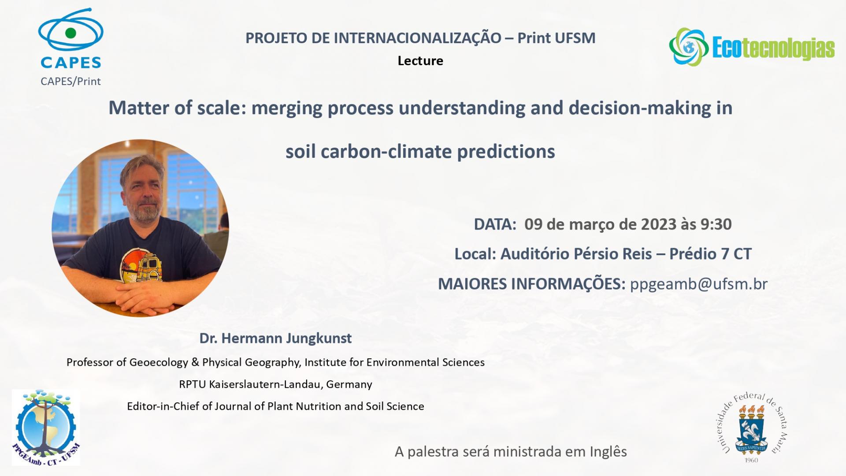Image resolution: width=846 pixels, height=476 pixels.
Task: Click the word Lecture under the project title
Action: tap(420, 61)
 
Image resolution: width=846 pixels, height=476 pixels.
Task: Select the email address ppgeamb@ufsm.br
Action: tap(699, 284)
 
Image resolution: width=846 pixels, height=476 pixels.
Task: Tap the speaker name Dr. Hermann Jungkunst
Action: tap(275, 338)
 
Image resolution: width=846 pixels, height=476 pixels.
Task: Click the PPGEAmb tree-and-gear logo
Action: tap(46, 427)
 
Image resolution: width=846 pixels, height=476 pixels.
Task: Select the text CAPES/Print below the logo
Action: tap(70, 82)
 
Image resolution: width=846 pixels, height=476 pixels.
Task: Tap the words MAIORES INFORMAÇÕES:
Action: tap(532, 284)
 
